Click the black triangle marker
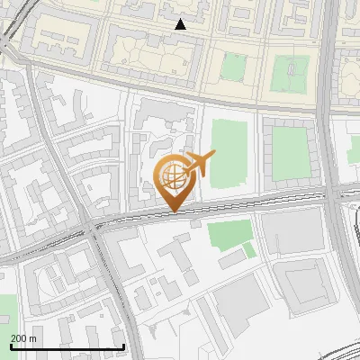(181, 24)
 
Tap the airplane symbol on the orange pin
(198, 164)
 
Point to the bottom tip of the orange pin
(174, 211)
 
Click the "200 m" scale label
(23, 337)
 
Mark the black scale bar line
(67, 347)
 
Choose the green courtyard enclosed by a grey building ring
(289, 146)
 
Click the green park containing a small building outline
(290, 74)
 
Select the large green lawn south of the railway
(229, 234)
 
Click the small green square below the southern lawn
(248, 249)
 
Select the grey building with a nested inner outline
(303, 282)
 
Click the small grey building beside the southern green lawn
(231, 259)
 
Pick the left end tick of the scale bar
(10, 346)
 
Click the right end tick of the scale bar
(123, 346)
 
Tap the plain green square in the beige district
(234, 67)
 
